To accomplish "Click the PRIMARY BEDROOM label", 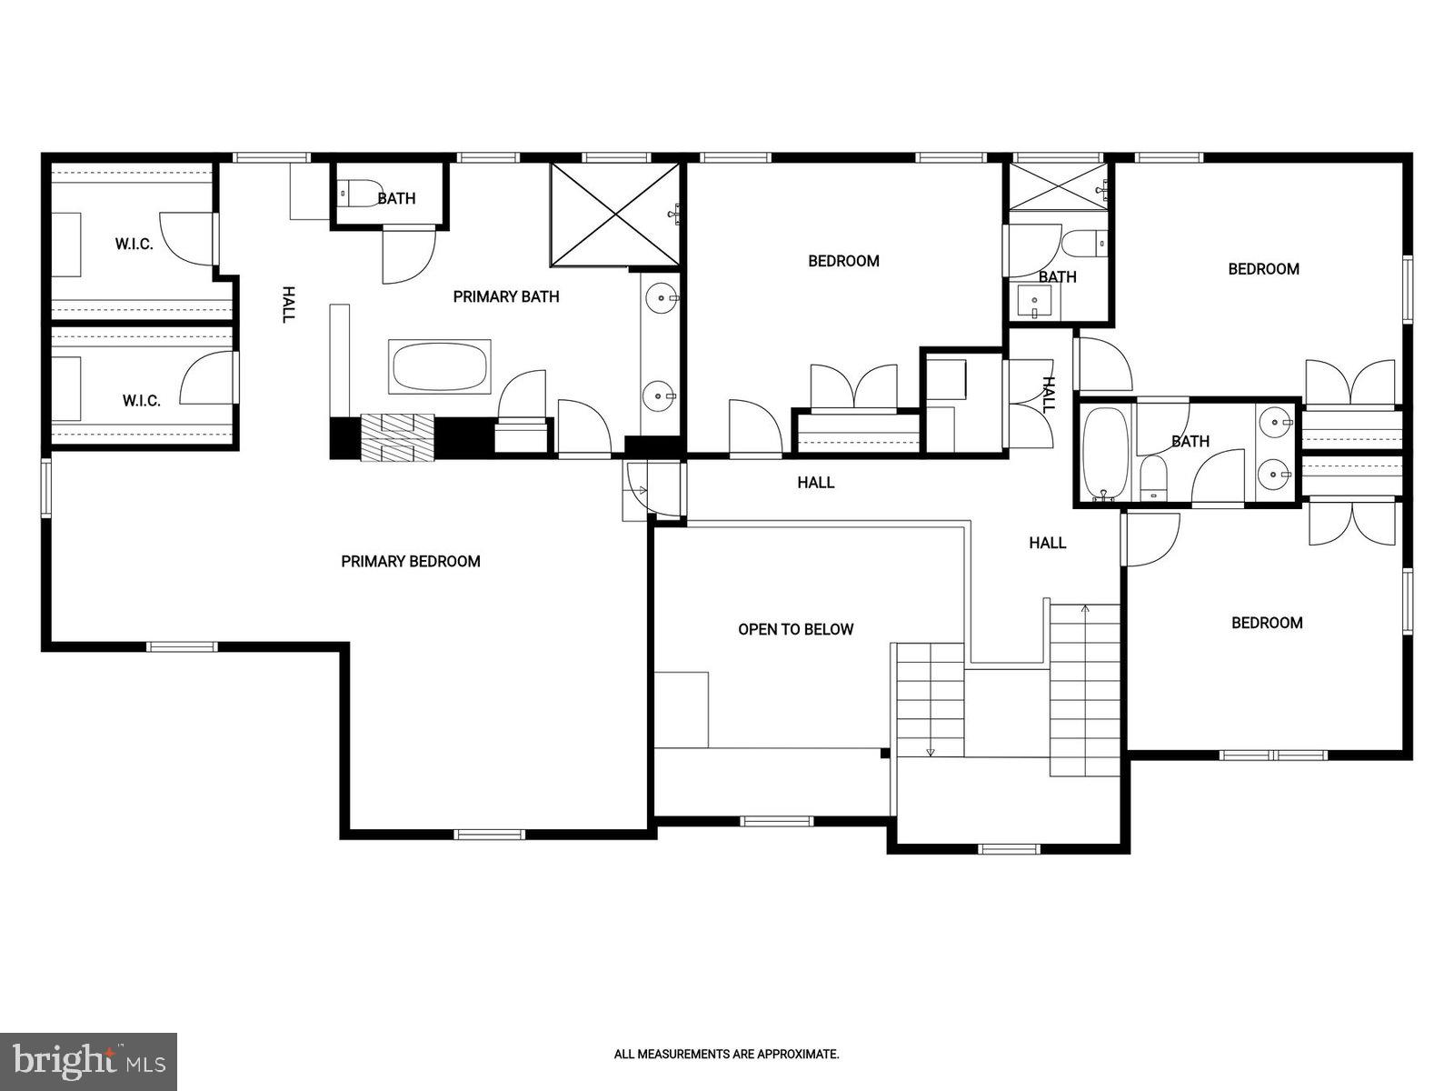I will (x=411, y=562).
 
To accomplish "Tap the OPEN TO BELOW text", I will (x=795, y=629).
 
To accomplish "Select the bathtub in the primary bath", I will (x=440, y=367).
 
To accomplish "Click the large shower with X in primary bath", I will (x=615, y=215).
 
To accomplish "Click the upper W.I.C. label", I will (x=134, y=245).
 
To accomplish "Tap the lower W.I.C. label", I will (x=142, y=400).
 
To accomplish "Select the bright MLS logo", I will (x=88, y=1059).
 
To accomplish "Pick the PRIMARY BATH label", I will (x=506, y=296).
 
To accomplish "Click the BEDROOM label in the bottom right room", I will (x=1267, y=623).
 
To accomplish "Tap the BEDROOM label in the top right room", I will (x=1263, y=269).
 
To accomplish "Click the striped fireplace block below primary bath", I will (x=398, y=438).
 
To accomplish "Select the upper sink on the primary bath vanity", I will (x=660, y=297).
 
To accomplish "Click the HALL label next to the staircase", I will (x=1047, y=543).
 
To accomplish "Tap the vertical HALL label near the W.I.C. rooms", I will (x=288, y=305).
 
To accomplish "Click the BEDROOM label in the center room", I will (x=843, y=262).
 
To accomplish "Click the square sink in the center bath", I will (x=1034, y=301).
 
